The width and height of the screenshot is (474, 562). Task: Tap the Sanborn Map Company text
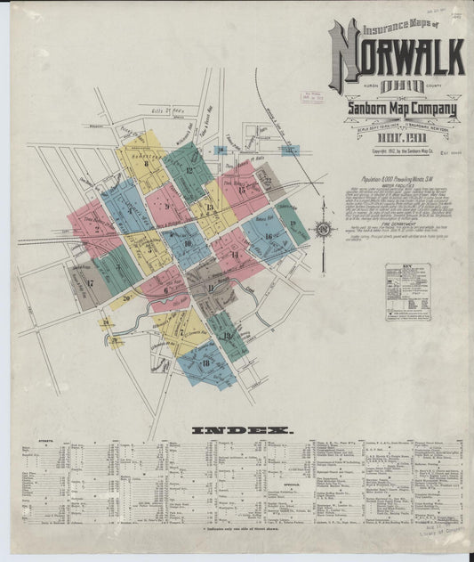400,110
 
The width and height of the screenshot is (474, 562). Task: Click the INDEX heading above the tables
241,430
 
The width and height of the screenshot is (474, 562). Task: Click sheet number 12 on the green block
190,169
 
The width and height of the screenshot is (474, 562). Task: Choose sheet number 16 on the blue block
267,236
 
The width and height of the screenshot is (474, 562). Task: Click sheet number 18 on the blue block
206,362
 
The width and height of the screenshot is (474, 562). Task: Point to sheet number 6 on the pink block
166,289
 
